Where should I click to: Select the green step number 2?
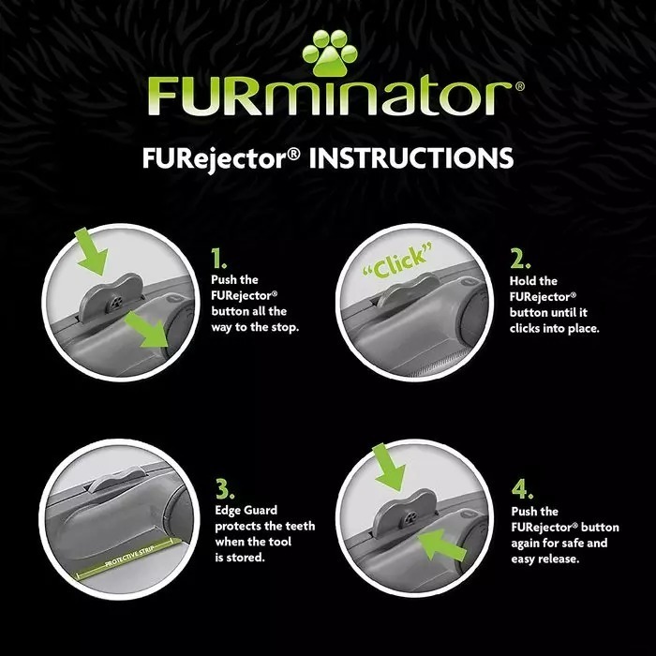pos(521,260)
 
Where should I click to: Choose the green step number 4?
pos(523,489)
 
